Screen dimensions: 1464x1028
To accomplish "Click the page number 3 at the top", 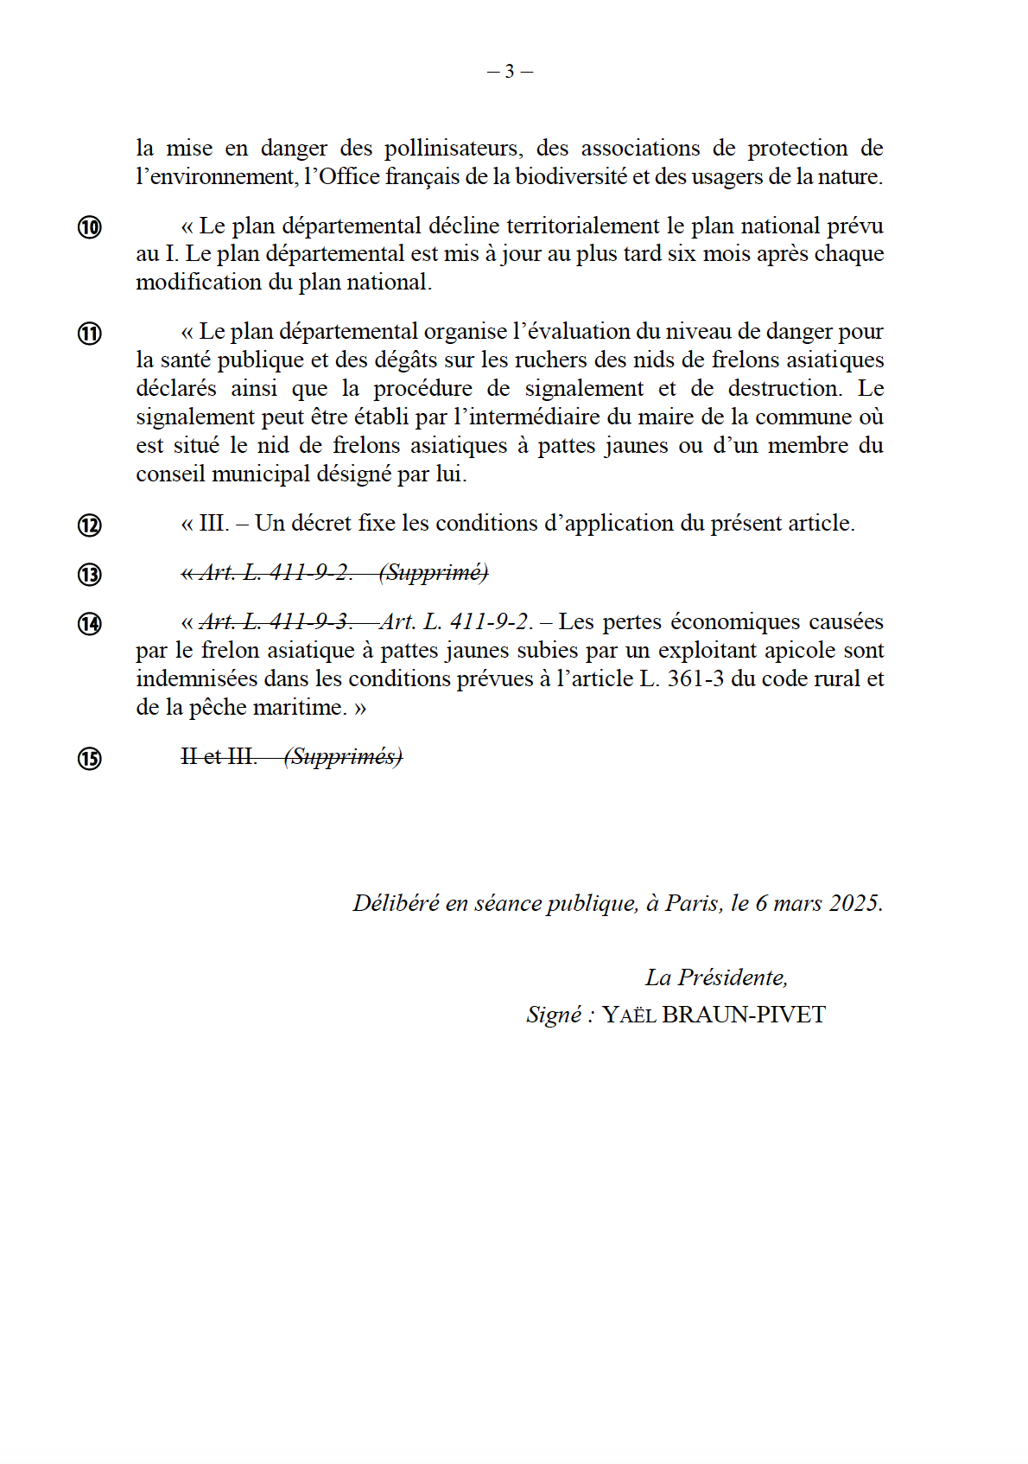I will click(510, 72).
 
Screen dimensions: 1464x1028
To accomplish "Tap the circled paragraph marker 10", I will click(90, 227).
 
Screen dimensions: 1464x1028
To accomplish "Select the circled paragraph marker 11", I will click(90, 334).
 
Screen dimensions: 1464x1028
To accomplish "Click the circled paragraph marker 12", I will click(90, 525).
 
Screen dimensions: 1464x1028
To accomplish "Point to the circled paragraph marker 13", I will click(90, 575).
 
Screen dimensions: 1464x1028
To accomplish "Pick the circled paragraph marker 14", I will click(90, 624).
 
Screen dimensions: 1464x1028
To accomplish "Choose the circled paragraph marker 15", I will click(90, 759).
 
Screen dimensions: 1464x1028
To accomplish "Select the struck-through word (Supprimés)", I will click(343, 757).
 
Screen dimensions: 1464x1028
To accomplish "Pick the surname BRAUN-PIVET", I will click(743, 1015).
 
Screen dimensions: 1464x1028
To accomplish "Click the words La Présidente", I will click(715, 977).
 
